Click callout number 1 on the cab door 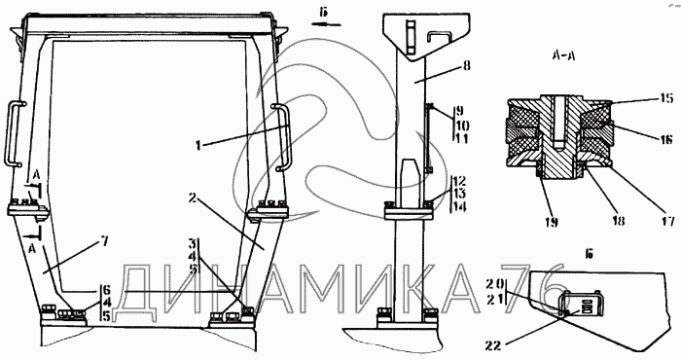click(x=198, y=146)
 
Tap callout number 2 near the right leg click(x=194, y=198)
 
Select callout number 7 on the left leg click(x=104, y=241)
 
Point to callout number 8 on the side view click(x=467, y=65)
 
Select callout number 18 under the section click(x=619, y=220)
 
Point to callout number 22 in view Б click(x=493, y=345)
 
